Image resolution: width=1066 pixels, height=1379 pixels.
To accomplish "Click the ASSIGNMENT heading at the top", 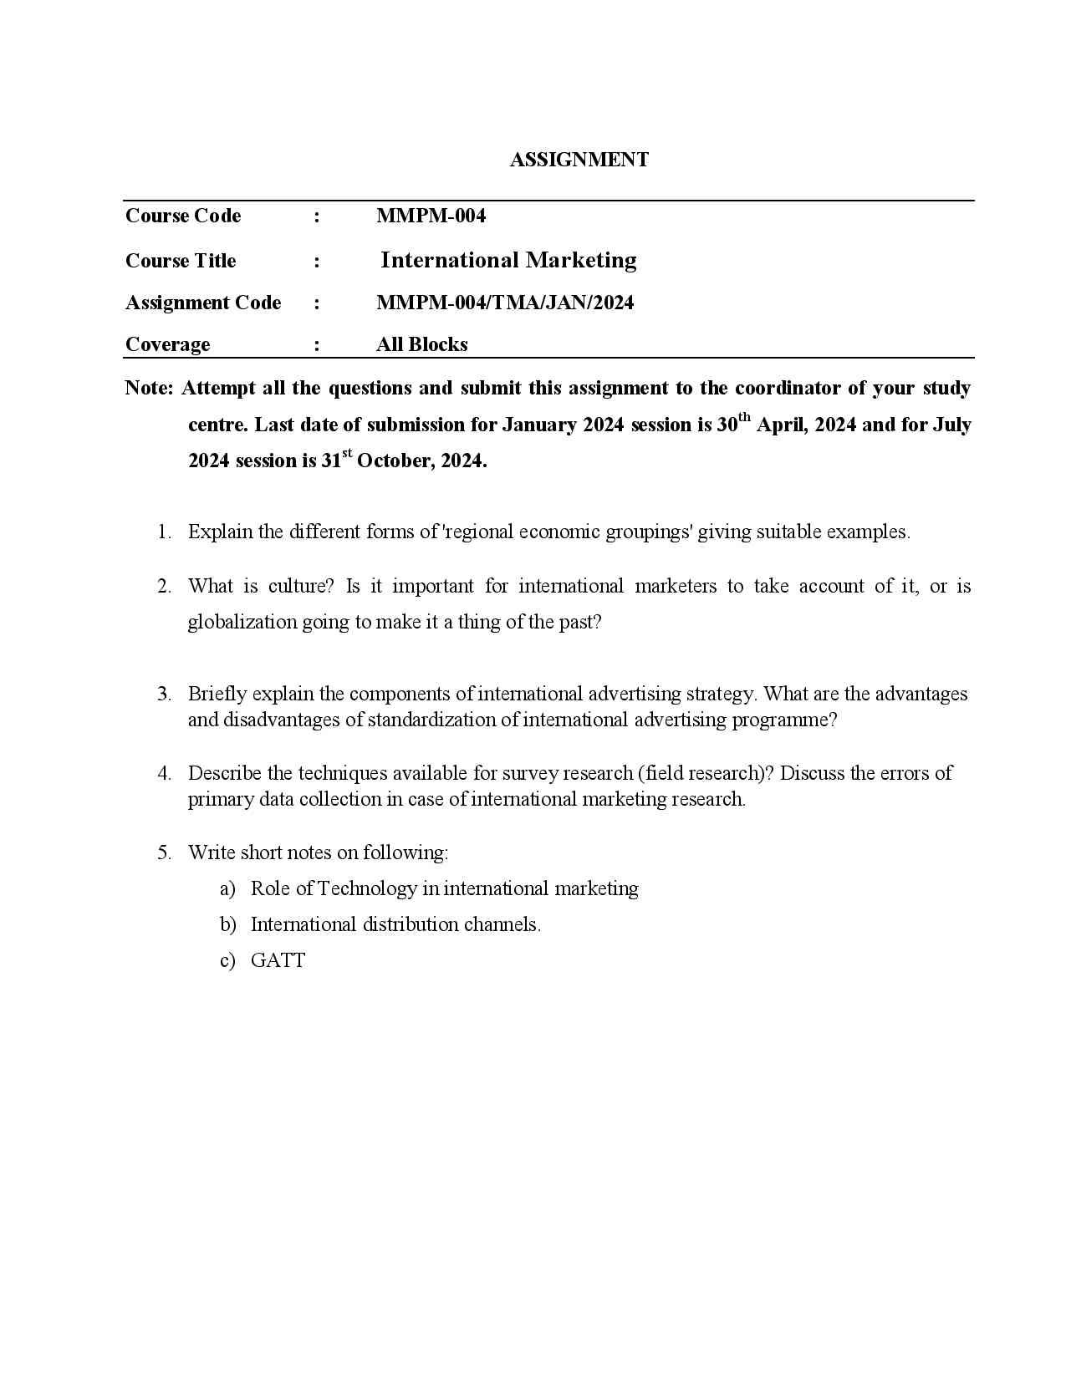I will click(x=579, y=160).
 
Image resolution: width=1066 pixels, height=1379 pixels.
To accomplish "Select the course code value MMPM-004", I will click(x=431, y=216).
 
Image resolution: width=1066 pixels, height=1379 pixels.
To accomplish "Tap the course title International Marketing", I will click(x=508, y=260).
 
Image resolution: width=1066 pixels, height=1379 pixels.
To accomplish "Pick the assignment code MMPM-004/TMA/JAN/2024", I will click(x=505, y=303).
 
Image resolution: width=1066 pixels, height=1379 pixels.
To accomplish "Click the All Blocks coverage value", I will click(x=421, y=344).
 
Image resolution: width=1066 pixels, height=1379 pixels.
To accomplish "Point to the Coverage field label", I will click(x=167, y=344).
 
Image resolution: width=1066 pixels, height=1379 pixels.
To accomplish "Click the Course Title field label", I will click(x=181, y=261).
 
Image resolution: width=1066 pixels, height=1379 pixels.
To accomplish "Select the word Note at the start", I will click(x=148, y=388).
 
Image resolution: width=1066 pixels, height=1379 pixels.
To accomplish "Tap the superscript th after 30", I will click(x=744, y=417).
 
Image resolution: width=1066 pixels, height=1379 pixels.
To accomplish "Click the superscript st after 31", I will click(x=347, y=453).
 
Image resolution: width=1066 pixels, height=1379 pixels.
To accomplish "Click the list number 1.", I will click(x=164, y=532).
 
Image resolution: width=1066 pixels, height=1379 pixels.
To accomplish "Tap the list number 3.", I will click(x=164, y=694).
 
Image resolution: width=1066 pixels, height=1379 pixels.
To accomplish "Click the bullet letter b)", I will click(x=227, y=924).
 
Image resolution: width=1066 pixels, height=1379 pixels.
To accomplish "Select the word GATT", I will click(x=278, y=960).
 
